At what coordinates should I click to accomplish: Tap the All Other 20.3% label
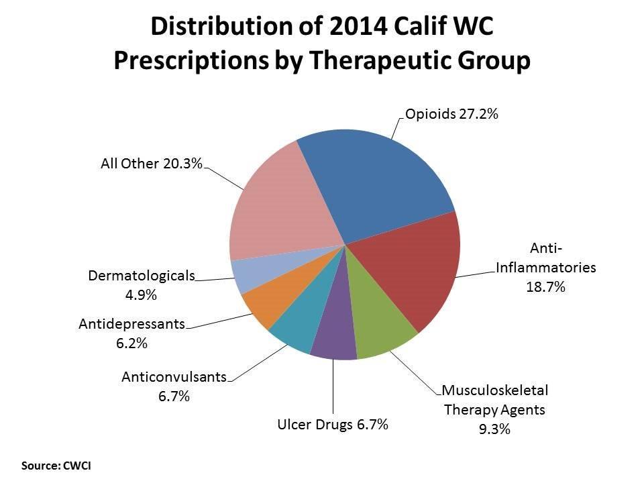(x=151, y=163)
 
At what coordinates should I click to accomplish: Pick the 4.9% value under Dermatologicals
(x=141, y=294)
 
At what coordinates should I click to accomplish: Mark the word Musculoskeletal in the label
(x=495, y=390)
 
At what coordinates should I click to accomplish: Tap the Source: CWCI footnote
(x=56, y=464)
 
